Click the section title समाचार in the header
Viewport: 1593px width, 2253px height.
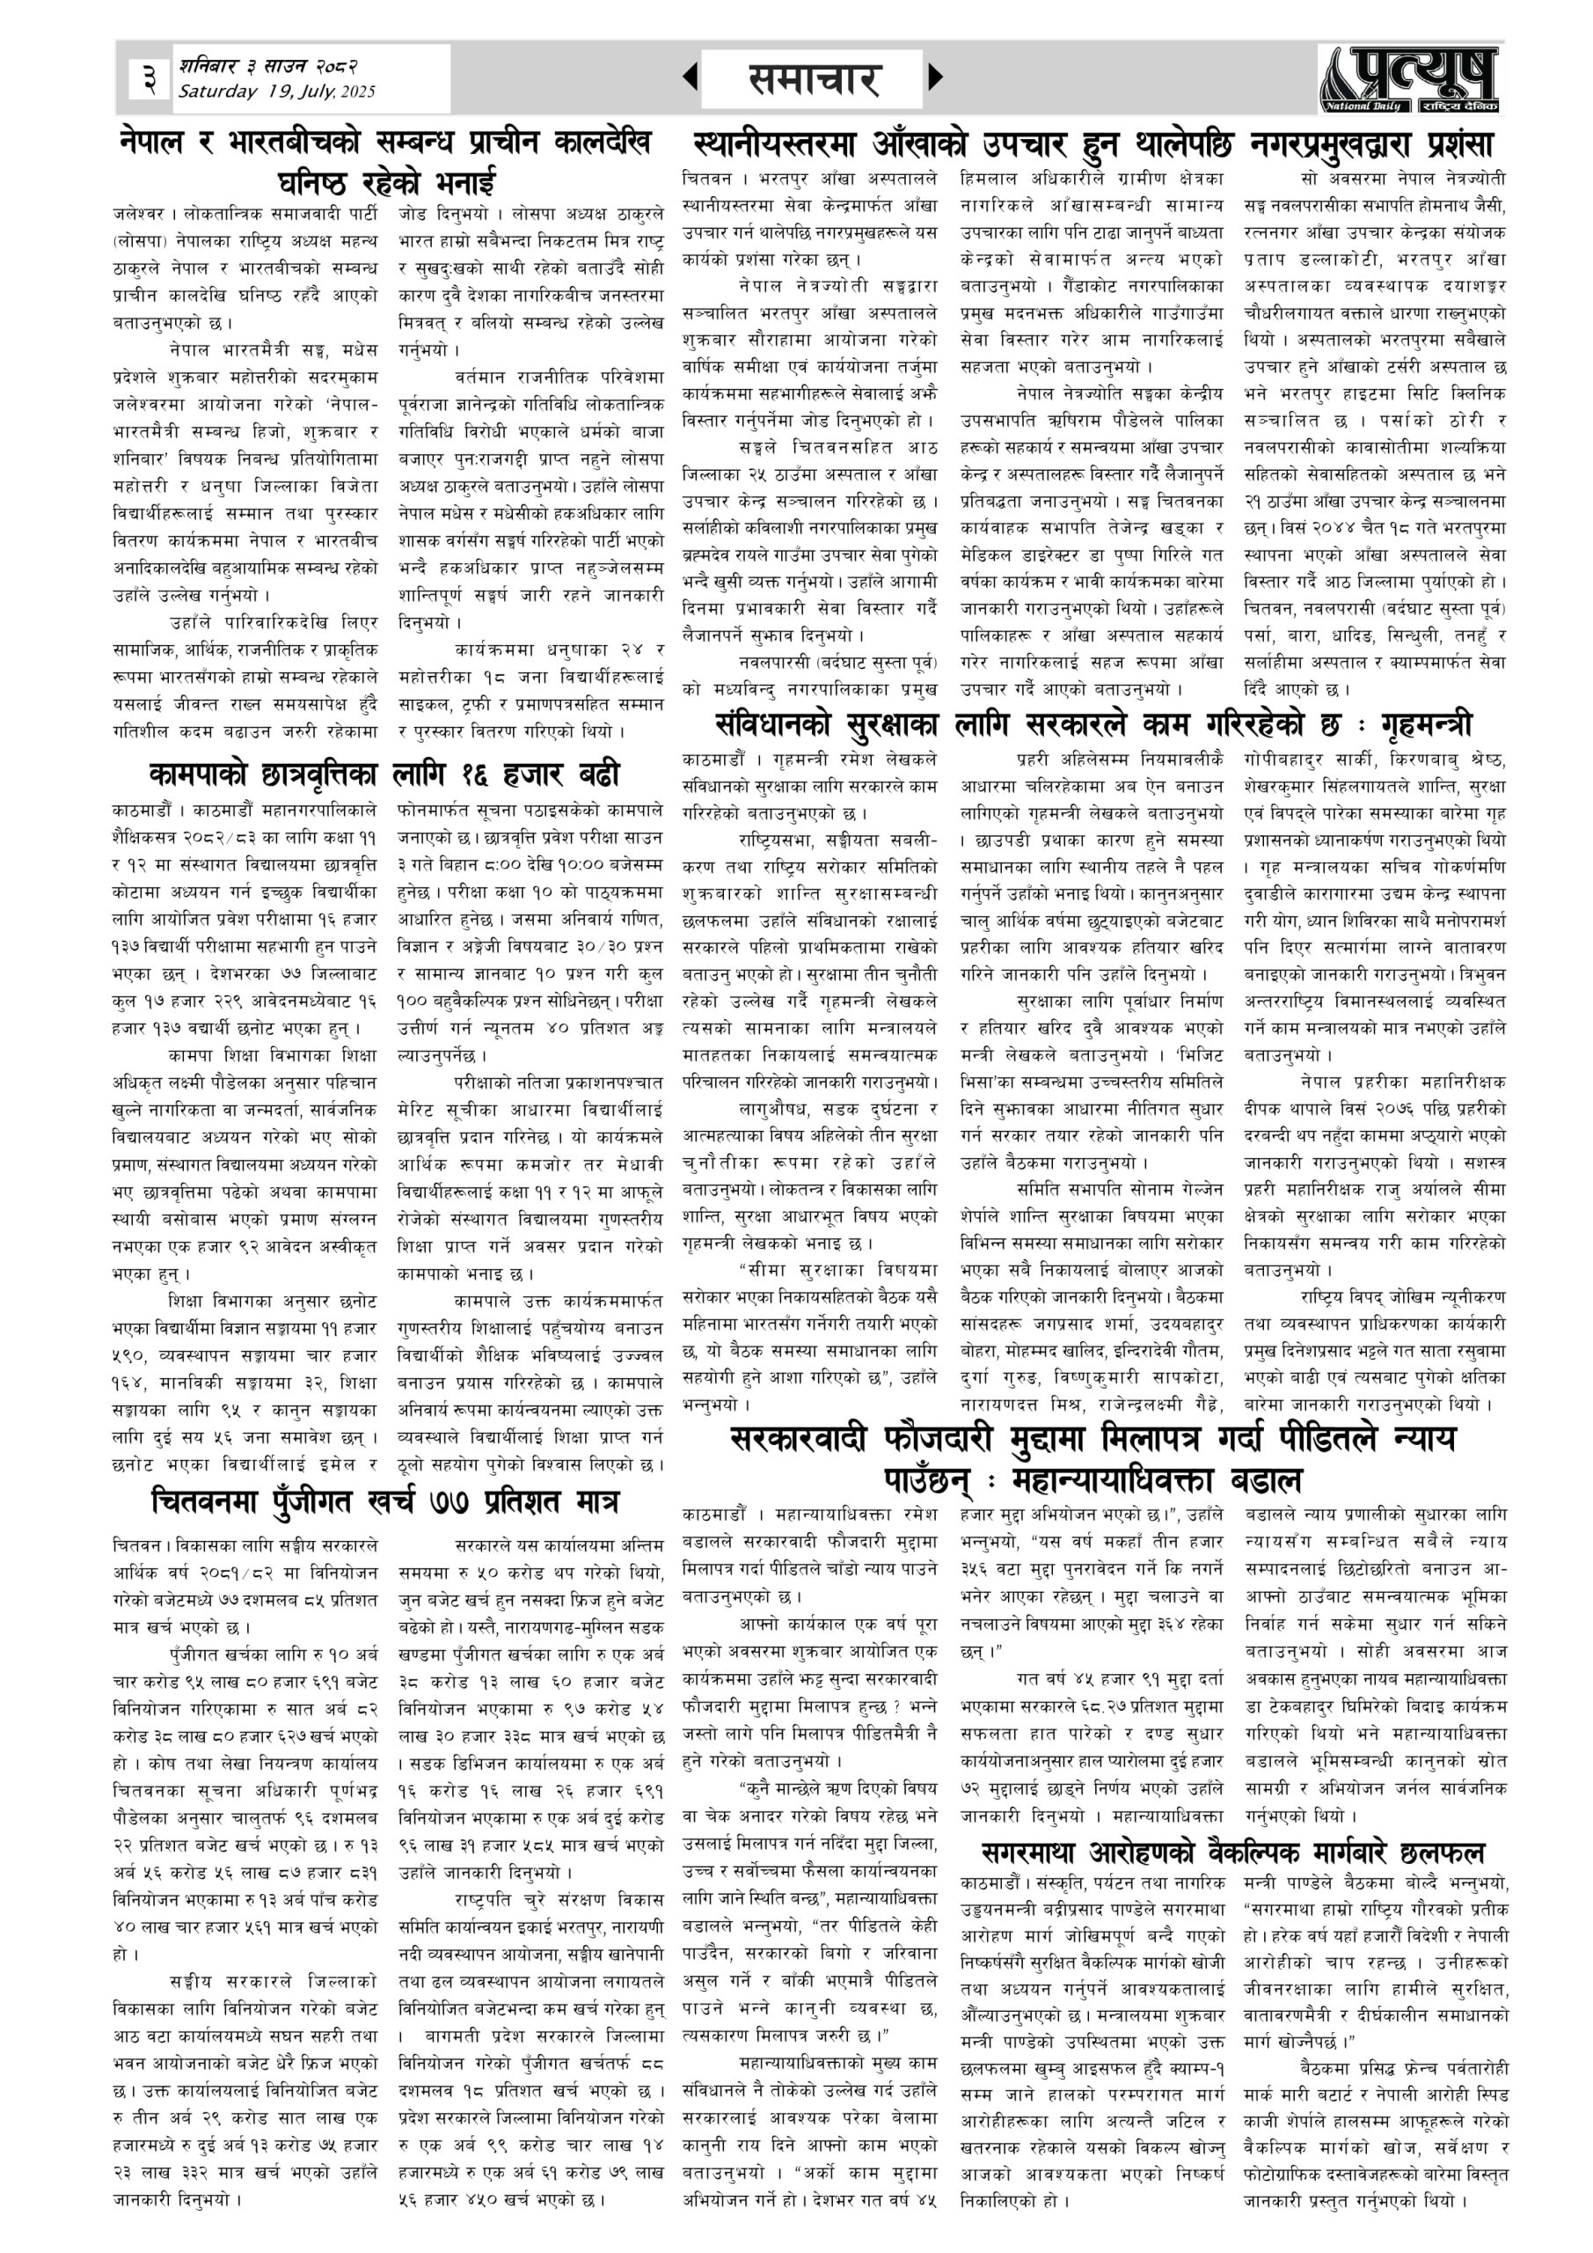pyautogui.click(x=812, y=78)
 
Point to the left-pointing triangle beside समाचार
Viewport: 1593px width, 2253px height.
pyautogui.click(x=691, y=77)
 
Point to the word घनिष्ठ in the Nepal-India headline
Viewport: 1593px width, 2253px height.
pyautogui.click(x=317, y=182)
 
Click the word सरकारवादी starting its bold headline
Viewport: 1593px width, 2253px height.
pyautogui.click(x=800, y=1440)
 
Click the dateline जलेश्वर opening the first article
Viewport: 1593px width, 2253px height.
pyautogui.click(x=136, y=213)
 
